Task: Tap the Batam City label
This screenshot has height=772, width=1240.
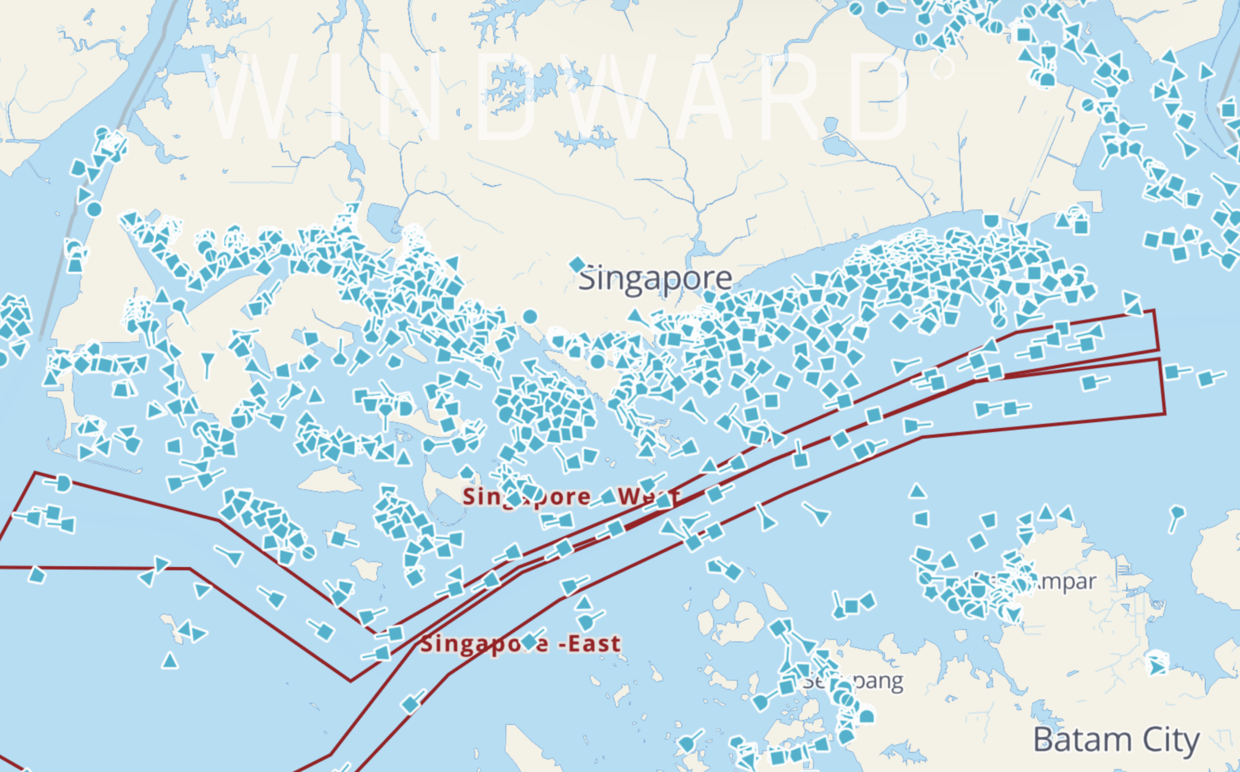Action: (x=1115, y=740)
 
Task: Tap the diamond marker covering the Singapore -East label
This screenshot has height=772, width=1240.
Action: (x=530, y=642)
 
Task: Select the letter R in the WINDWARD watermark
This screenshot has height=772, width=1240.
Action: (x=793, y=97)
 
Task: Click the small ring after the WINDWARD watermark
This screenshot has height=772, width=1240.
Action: (x=943, y=67)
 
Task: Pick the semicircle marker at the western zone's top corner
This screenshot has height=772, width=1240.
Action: (x=63, y=483)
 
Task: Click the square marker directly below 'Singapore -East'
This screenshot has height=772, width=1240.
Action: (x=411, y=704)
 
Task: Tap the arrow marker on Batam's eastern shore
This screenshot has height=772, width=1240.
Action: (x=1157, y=667)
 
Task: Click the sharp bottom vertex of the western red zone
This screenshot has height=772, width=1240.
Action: (x=351, y=681)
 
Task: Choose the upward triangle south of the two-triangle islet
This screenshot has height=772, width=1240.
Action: (x=170, y=660)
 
